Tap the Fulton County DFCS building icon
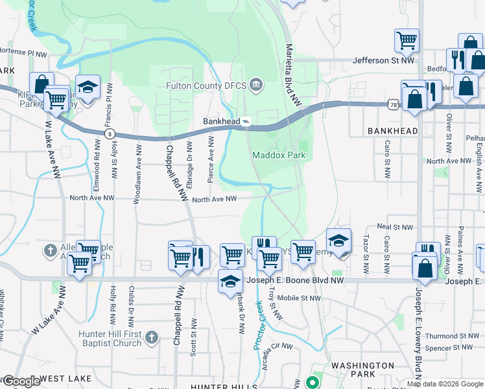(x=257, y=85)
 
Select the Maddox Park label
(x=278, y=155)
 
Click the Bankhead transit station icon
(x=246, y=121)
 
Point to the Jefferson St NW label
(x=383, y=60)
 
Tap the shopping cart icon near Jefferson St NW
(x=407, y=41)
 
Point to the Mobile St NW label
(x=299, y=298)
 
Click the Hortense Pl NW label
(x=26, y=53)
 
